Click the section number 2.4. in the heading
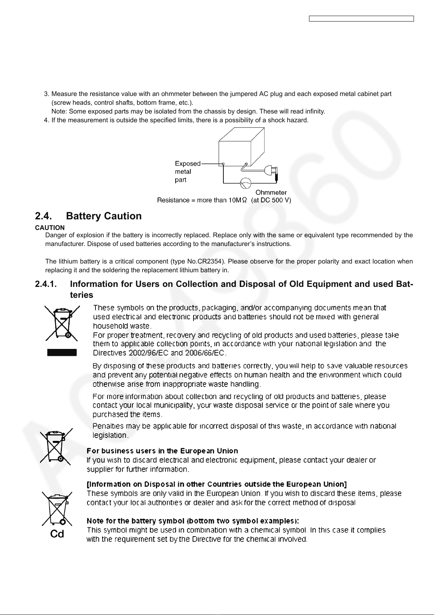click(x=44, y=216)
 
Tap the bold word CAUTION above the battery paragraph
click(x=50, y=228)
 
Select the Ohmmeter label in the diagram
click(x=271, y=192)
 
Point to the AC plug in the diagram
click(x=273, y=172)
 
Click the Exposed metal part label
click(x=187, y=172)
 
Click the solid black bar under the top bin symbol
click(x=62, y=352)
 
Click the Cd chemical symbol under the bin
click(x=57, y=534)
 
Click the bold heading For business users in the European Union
click(x=162, y=451)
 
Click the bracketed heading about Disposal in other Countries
click(x=216, y=484)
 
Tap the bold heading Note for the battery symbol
click(x=192, y=521)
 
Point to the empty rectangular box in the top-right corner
click(x=361, y=19)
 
